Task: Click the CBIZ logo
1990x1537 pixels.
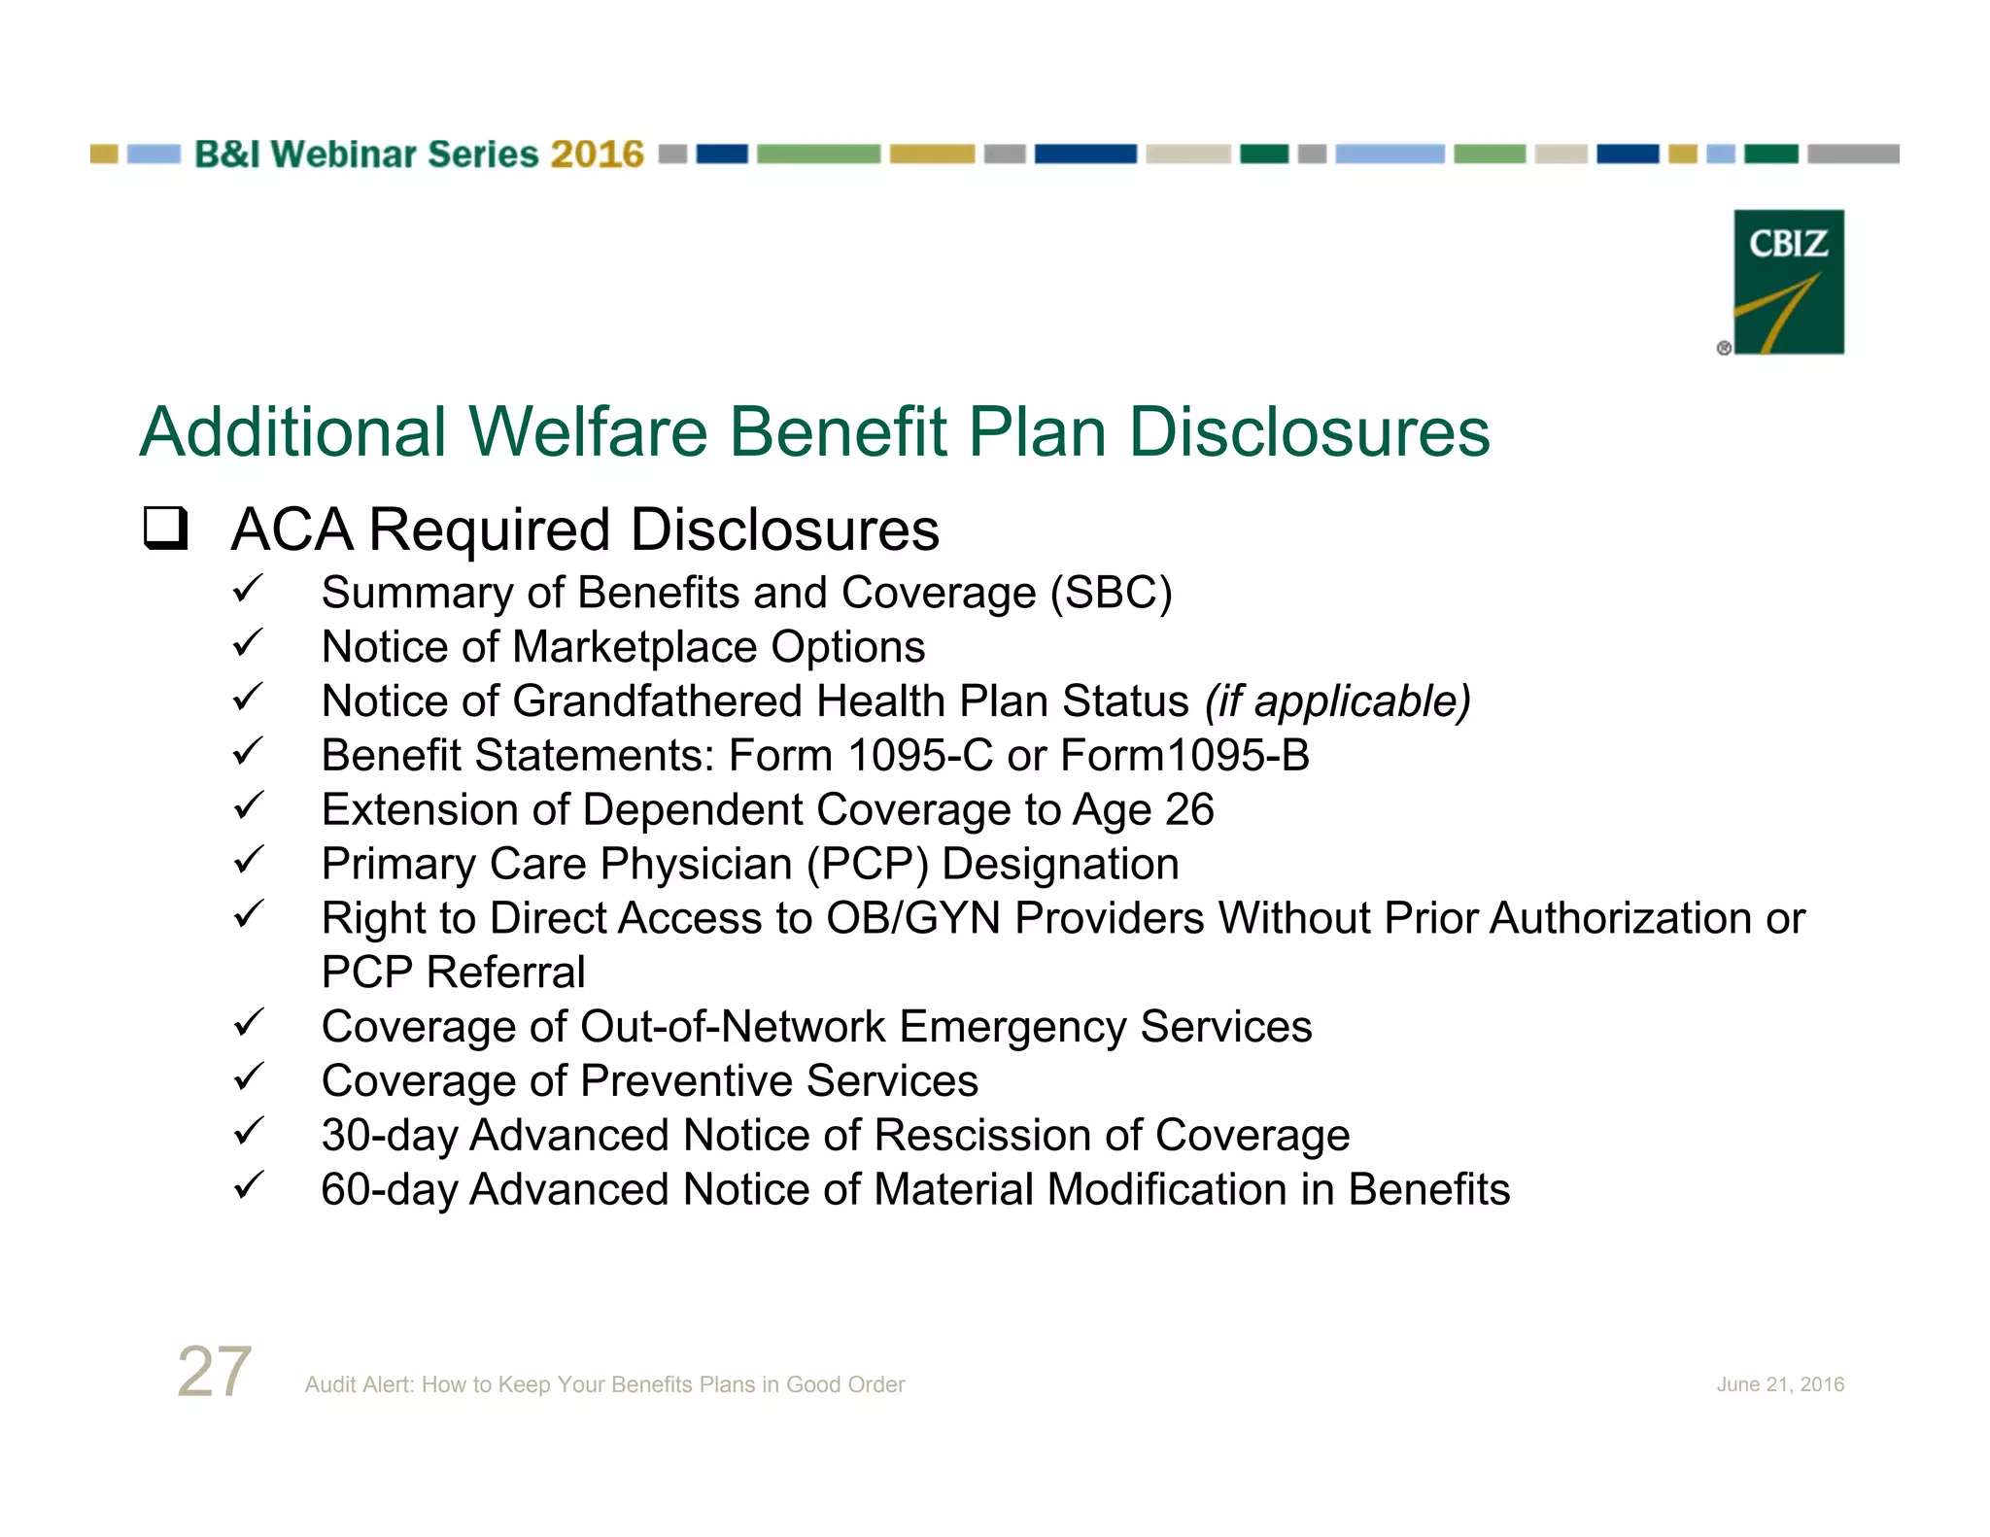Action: (x=1788, y=282)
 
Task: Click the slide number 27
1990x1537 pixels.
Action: (x=215, y=1372)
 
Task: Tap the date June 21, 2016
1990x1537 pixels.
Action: (x=1779, y=1384)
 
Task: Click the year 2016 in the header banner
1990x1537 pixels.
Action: (x=597, y=154)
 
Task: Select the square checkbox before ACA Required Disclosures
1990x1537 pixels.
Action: (x=165, y=529)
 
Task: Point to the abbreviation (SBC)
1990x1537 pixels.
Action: (x=1111, y=593)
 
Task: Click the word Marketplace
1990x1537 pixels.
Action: (x=635, y=647)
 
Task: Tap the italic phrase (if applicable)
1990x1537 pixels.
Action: (x=1337, y=701)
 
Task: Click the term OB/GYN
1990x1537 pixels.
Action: (x=912, y=919)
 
